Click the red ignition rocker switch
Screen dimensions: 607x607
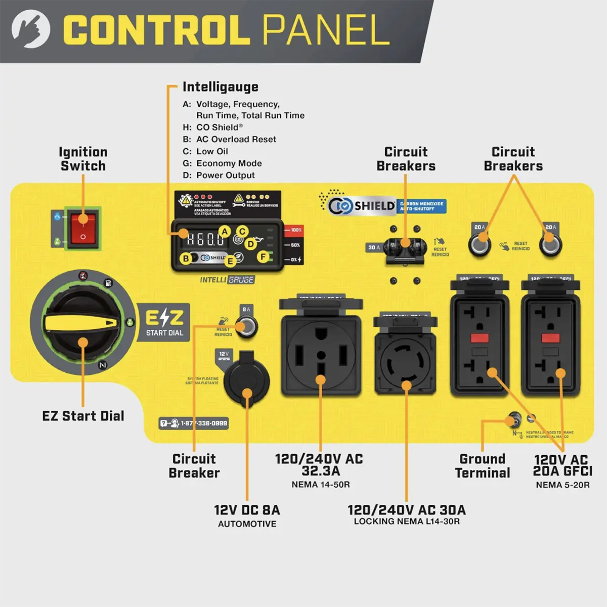tap(82, 228)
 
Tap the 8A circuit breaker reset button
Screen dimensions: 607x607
tap(246, 325)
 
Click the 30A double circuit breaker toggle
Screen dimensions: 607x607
tap(405, 248)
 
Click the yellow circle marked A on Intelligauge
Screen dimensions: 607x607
tap(224, 232)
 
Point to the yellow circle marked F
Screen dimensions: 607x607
tap(263, 256)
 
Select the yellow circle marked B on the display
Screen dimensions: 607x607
tap(186, 258)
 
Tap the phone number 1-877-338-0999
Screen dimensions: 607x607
tap(194, 423)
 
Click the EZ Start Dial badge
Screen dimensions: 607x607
tap(164, 322)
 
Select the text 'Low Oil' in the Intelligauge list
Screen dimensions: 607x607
tap(212, 151)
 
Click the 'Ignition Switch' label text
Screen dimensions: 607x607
tap(83, 159)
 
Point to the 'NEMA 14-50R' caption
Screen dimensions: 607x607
tap(321, 485)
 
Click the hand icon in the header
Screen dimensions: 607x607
tap(31, 30)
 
